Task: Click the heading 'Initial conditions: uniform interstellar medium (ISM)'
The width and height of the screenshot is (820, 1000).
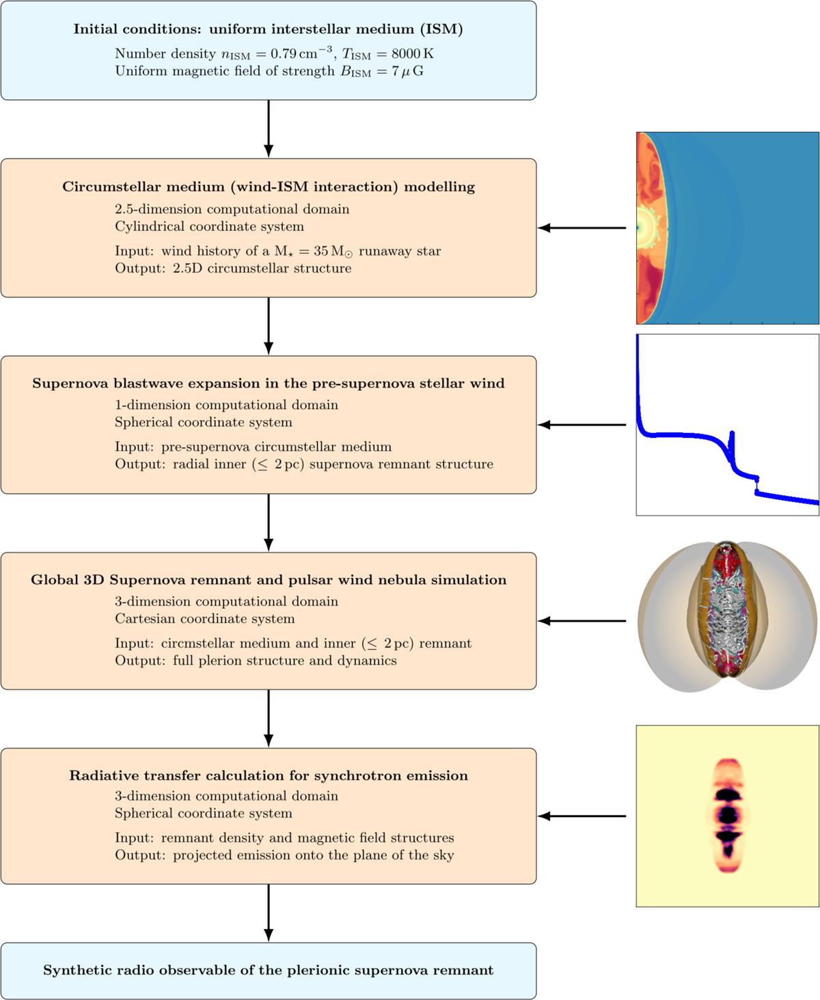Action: [268, 29]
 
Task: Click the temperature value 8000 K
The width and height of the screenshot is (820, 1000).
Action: [412, 54]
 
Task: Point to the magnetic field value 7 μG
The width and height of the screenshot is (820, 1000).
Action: [407, 72]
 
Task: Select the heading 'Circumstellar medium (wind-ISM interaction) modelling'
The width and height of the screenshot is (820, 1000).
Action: [268, 187]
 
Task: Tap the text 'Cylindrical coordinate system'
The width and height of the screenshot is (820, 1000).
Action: [209, 227]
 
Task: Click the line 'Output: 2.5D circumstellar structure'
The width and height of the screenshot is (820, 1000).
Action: [233, 268]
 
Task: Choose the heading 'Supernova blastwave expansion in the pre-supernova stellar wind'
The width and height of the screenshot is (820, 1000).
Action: [268, 384]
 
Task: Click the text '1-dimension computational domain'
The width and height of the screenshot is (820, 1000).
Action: [226, 405]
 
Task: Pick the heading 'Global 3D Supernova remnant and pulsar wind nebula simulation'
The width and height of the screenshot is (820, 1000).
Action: [268, 581]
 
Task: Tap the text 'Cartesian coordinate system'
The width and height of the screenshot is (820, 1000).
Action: [204, 619]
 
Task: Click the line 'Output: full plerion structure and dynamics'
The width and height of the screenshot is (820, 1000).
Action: [256, 661]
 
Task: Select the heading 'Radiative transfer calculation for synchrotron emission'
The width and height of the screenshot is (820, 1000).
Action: [268, 776]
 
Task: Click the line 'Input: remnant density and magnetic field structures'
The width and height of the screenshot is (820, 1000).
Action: [284, 838]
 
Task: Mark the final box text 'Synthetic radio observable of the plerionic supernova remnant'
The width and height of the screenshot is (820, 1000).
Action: [268, 971]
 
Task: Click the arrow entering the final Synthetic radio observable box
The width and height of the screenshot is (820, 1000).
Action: [269, 913]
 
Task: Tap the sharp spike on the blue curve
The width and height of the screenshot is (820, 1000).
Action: [732, 437]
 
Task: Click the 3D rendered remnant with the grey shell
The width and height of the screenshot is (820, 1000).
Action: [727, 617]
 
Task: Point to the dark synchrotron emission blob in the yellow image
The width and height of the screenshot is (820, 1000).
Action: [728, 814]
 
